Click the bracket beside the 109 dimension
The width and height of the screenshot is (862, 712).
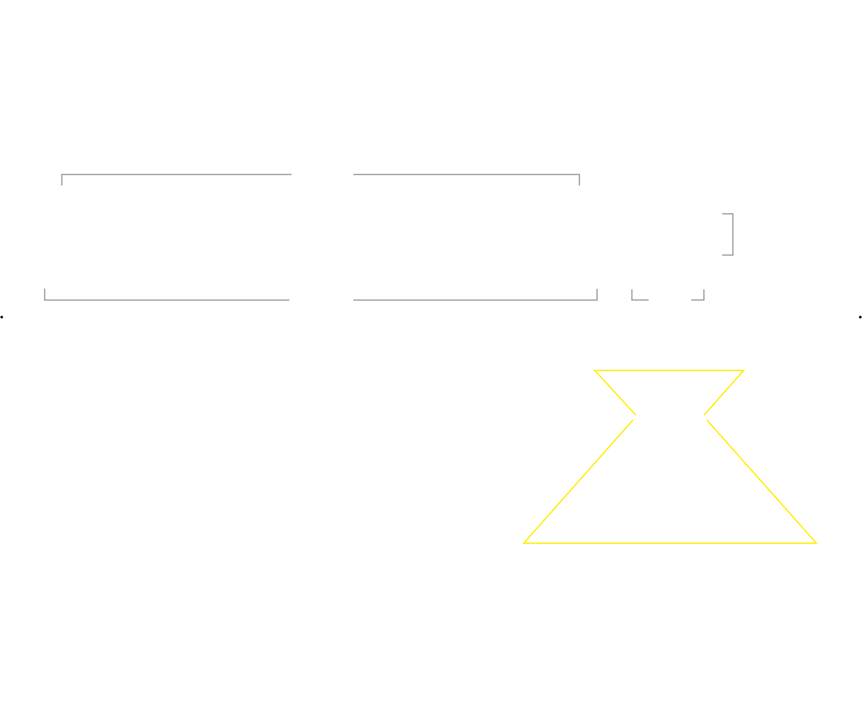732,234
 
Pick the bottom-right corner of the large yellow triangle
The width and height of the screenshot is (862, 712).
816,542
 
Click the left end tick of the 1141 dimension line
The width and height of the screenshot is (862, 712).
62,180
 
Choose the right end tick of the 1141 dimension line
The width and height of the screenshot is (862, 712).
579,180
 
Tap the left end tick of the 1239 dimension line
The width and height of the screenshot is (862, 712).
45,294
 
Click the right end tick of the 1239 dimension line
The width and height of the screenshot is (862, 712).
597,294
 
